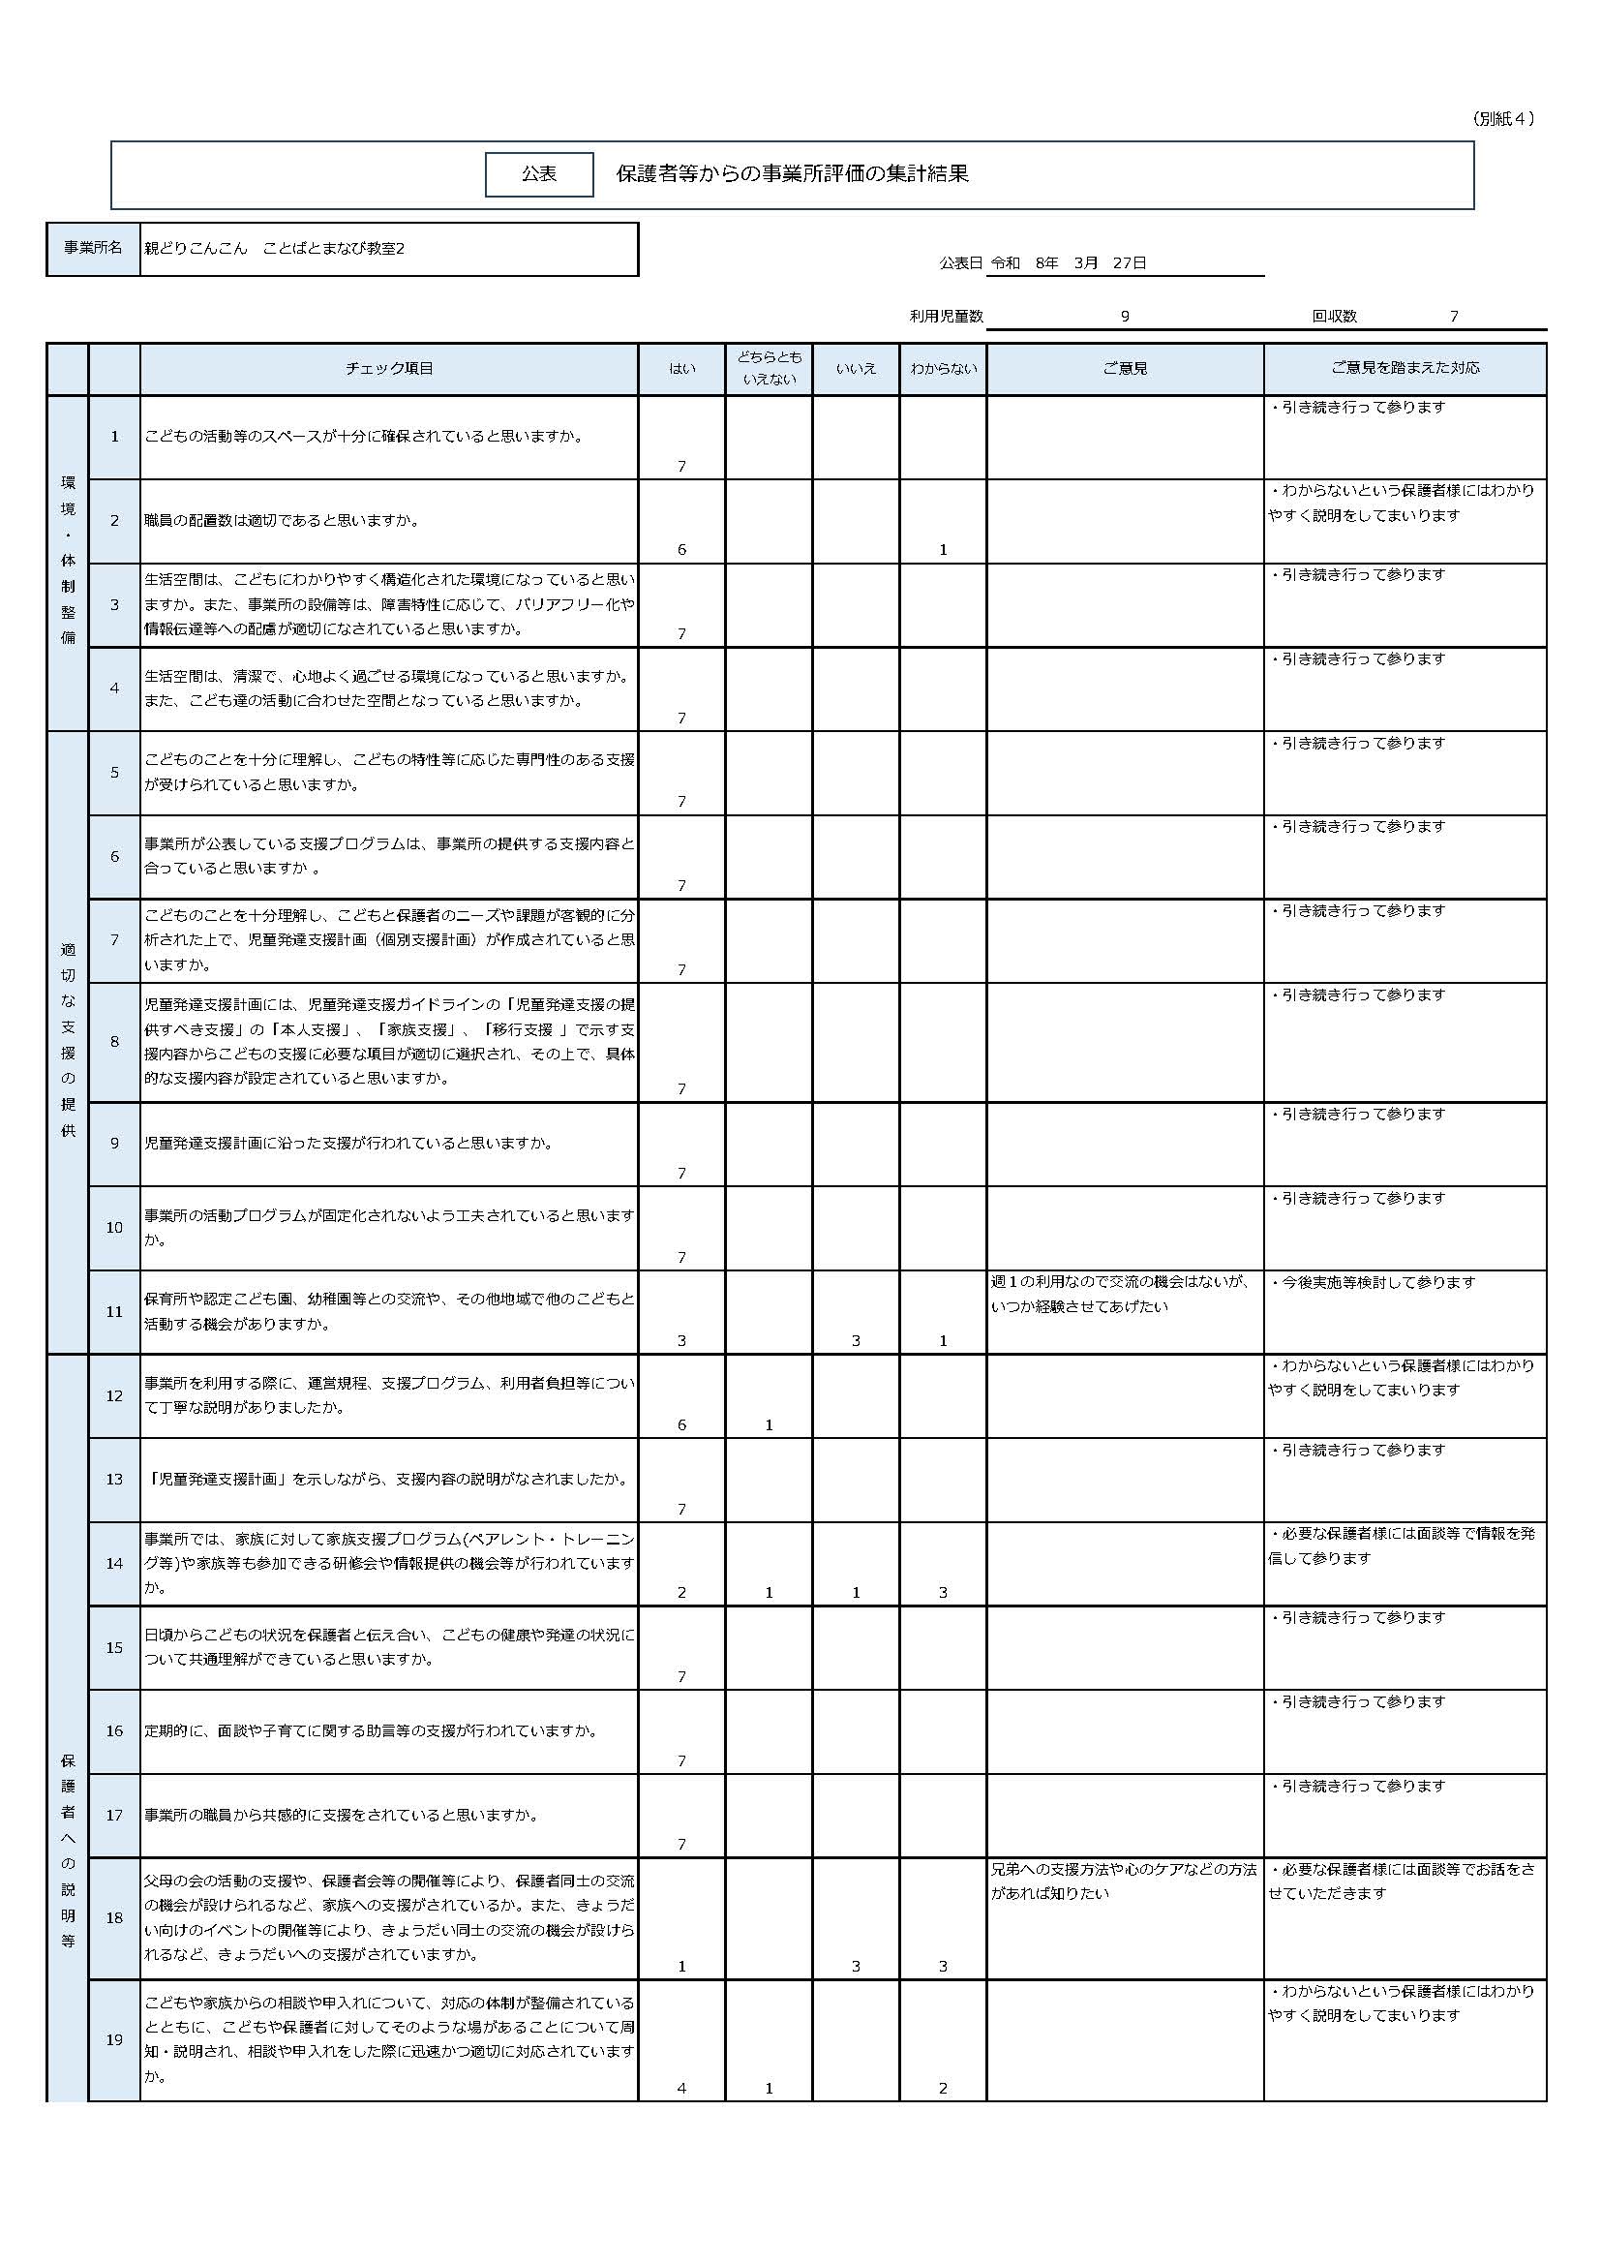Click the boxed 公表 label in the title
538,174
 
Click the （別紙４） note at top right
1502,118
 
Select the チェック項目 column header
388,369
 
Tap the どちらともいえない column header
769,368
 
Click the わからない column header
943,369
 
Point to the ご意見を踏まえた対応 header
1404,368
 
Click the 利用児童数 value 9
1124,317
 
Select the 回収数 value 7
1453,317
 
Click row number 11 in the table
114,1311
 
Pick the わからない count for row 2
943,550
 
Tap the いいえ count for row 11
856,1341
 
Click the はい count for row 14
681,1593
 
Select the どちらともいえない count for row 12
769,1424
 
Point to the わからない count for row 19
943,2088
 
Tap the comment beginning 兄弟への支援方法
1123,1881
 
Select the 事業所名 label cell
94,248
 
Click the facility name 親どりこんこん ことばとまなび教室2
274,249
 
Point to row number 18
114,1918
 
